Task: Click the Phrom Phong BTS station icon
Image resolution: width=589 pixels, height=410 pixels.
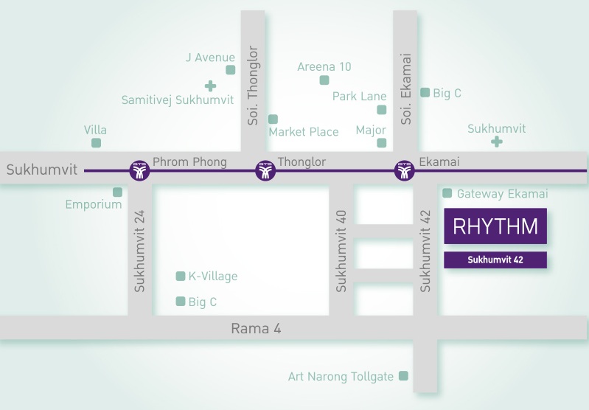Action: [x=139, y=171]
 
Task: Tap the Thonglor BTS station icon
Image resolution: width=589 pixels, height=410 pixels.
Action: [x=265, y=171]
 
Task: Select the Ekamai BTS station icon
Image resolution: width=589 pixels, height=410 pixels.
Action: [x=404, y=171]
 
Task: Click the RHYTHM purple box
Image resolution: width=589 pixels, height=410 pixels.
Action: [x=495, y=226]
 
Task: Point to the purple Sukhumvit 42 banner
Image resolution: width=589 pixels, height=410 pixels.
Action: [x=495, y=260]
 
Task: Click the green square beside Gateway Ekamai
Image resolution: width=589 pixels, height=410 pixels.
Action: [x=447, y=193]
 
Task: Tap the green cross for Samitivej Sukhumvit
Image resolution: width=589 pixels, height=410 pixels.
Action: [x=211, y=86]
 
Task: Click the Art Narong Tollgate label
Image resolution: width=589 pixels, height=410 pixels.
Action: [x=341, y=377]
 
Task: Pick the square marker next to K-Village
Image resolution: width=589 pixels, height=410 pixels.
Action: [x=180, y=277]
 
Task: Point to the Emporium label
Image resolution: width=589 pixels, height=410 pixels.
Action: [x=94, y=204]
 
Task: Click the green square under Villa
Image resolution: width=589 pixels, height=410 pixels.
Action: [x=96, y=143]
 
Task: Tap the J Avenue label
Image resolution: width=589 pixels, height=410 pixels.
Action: [x=210, y=58]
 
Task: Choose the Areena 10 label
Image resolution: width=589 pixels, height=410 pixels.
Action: [x=324, y=66]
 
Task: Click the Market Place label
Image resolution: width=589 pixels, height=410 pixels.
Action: [x=304, y=132]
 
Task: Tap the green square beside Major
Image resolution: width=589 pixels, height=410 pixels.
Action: [x=381, y=143]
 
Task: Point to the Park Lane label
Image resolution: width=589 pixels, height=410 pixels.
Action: [x=360, y=97]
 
